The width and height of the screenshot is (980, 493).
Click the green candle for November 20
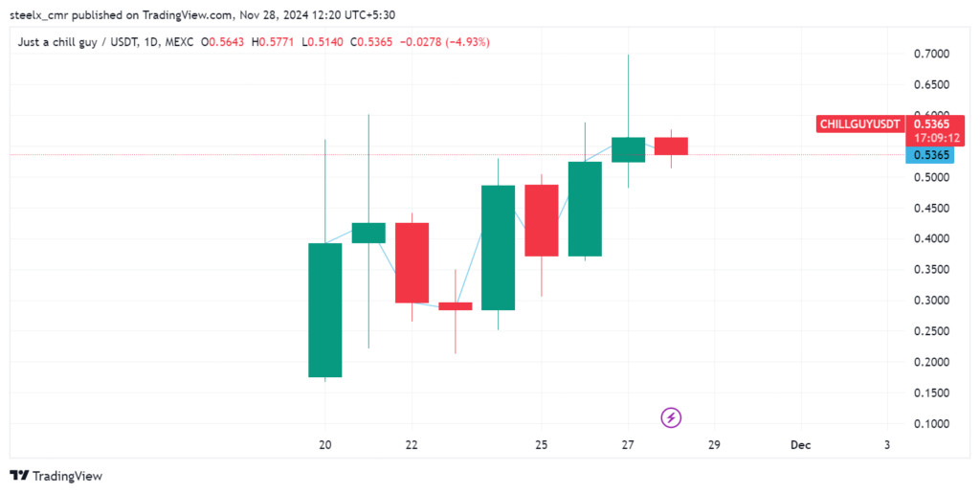(324, 309)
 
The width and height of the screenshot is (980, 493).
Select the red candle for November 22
(412, 262)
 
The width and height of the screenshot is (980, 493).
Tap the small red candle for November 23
(455, 306)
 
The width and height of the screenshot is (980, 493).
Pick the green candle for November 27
(628, 149)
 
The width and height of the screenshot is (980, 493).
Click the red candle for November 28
(671, 146)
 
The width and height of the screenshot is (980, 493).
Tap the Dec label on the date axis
(800, 445)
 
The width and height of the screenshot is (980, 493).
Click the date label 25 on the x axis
(541, 445)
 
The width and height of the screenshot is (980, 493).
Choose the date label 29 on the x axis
(714, 445)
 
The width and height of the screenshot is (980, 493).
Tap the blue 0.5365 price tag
(931, 155)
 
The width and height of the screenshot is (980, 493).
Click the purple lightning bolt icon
(672, 417)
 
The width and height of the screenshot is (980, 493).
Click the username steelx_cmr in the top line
(42, 15)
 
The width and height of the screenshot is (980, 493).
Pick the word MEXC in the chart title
(179, 42)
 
